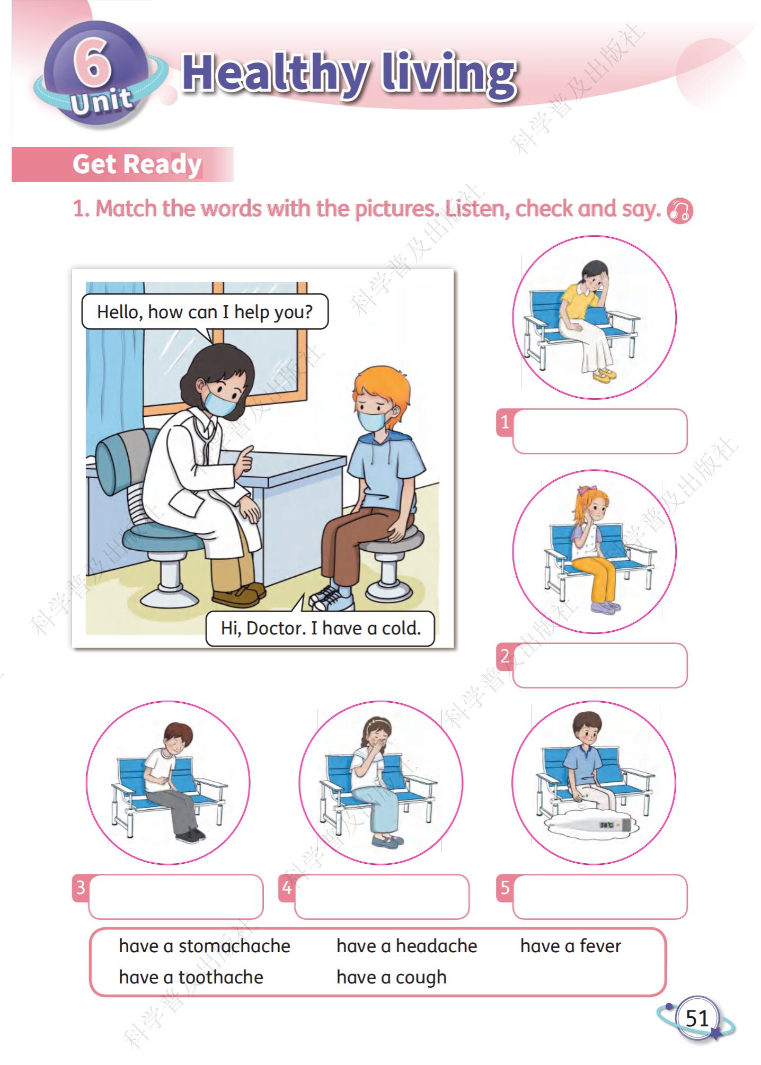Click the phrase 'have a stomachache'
(205, 946)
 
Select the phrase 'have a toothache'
(191, 977)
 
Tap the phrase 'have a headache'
(406, 946)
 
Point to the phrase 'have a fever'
(570, 946)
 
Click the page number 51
(697, 1018)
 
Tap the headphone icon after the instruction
(680, 211)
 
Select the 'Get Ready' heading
(137, 164)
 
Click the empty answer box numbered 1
(600, 431)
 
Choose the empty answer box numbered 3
(176, 897)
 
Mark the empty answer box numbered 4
(382, 897)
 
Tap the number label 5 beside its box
(505, 888)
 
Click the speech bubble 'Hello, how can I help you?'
(205, 312)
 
